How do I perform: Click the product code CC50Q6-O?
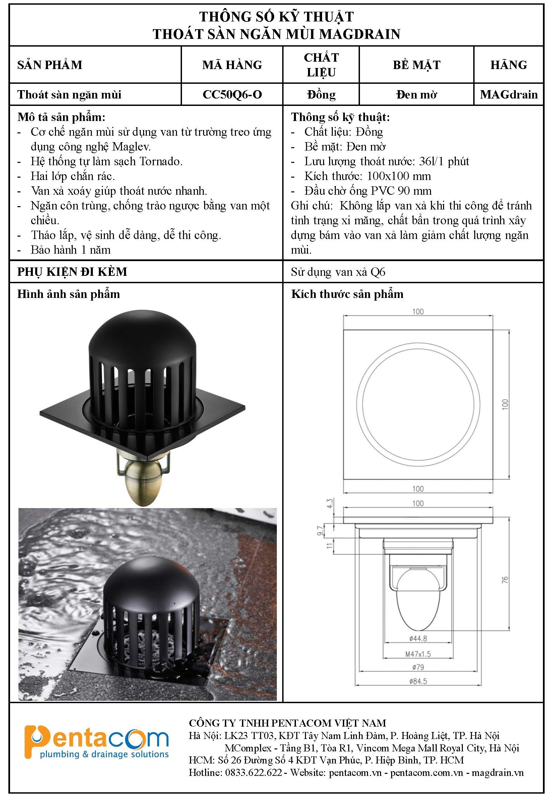232,95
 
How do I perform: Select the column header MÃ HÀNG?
232,65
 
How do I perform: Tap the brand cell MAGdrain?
509,95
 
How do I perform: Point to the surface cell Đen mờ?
417,95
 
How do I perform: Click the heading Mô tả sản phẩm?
61,117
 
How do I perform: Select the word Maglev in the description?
131,146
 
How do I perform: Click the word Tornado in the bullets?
161,162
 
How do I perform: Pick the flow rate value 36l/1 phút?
444,162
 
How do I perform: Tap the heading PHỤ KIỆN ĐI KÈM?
72,272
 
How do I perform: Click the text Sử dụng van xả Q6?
338,272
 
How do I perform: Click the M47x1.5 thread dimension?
418,654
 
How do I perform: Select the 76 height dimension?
505,580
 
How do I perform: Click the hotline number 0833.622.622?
254,773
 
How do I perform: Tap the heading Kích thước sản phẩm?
347,294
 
